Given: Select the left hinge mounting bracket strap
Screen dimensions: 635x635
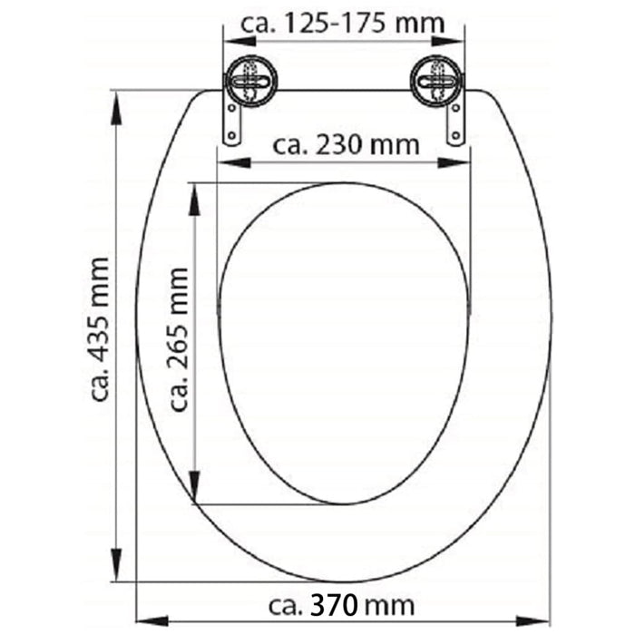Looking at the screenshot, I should point(234,122).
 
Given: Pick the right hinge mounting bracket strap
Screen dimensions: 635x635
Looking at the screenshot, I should point(454,122).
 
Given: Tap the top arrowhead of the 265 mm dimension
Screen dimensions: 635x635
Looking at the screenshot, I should point(194,197).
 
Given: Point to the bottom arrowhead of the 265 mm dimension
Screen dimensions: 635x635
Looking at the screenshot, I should point(194,490).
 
